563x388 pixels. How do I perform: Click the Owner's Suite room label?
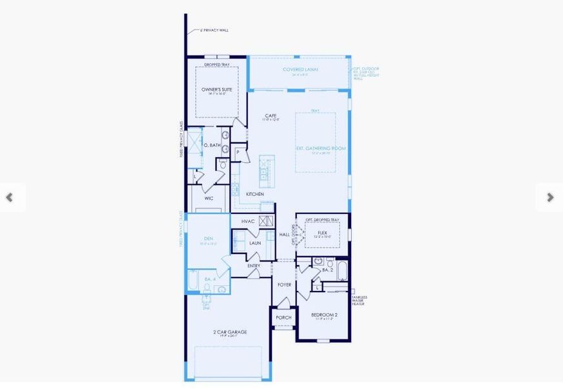[x=216, y=89]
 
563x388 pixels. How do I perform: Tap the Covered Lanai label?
[x=300, y=69]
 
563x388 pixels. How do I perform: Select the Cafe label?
[x=271, y=116]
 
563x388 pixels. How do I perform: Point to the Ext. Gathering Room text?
[x=321, y=148]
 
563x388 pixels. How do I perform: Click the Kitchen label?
[x=254, y=194]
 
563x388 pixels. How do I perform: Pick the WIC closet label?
[x=209, y=199]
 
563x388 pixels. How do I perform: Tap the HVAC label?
[x=249, y=221]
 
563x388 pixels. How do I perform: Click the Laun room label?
[x=254, y=243]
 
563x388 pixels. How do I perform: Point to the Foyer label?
[x=284, y=285]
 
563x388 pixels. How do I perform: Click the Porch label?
[x=283, y=318]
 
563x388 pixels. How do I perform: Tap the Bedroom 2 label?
[x=324, y=315]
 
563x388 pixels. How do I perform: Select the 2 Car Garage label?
[x=230, y=332]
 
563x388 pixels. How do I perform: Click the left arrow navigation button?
[x=10, y=197]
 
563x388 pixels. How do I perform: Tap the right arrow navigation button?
[x=550, y=197]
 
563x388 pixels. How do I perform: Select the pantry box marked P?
[x=238, y=153]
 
